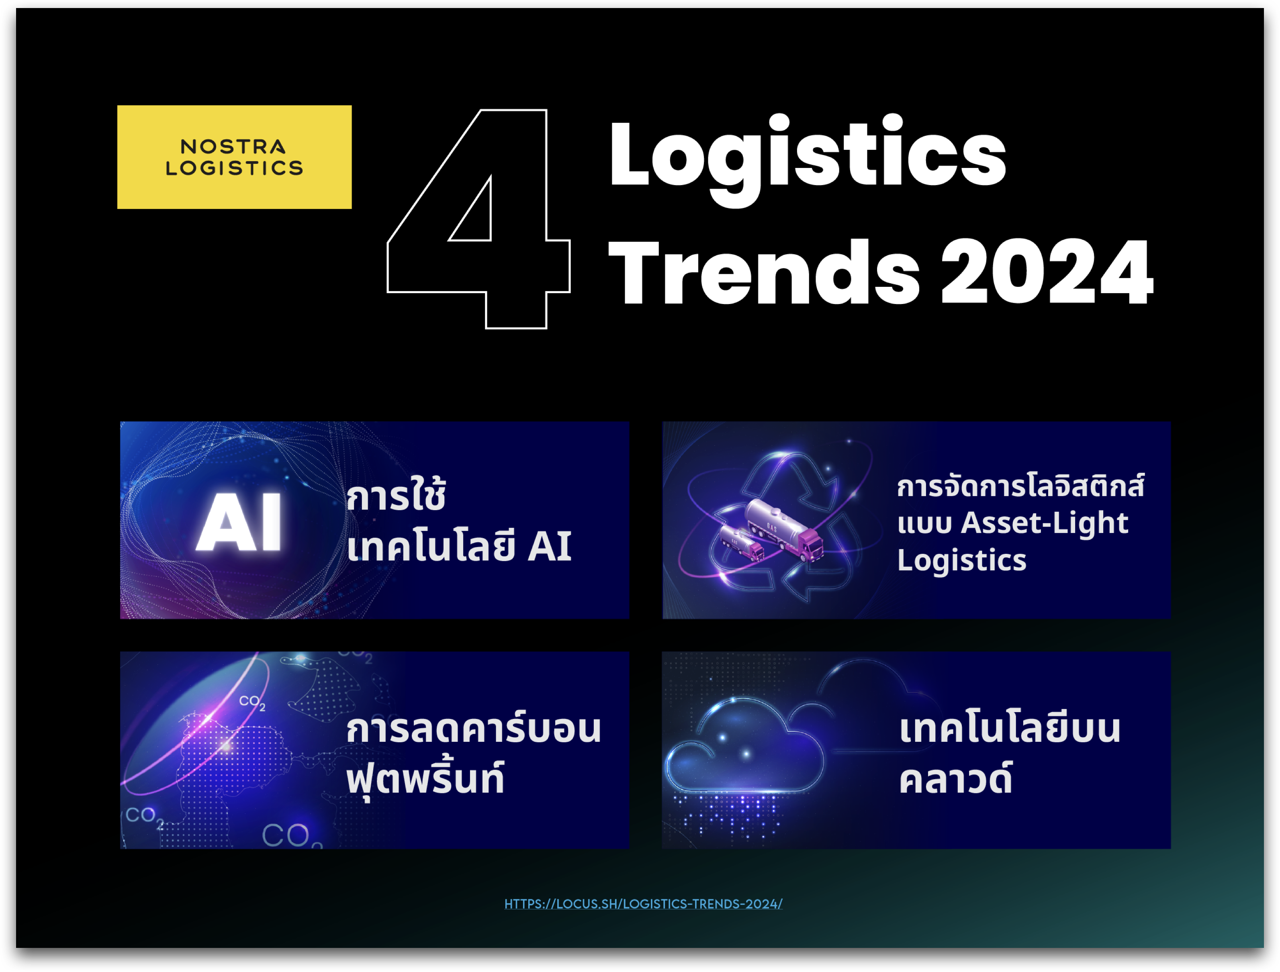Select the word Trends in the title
(x=764, y=272)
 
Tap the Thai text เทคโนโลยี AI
(x=459, y=545)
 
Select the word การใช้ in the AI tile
(x=397, y=495)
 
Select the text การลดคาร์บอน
(x=473, y=729)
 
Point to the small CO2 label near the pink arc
(x=252, y=702)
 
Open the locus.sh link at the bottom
(x=644, y=904)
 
